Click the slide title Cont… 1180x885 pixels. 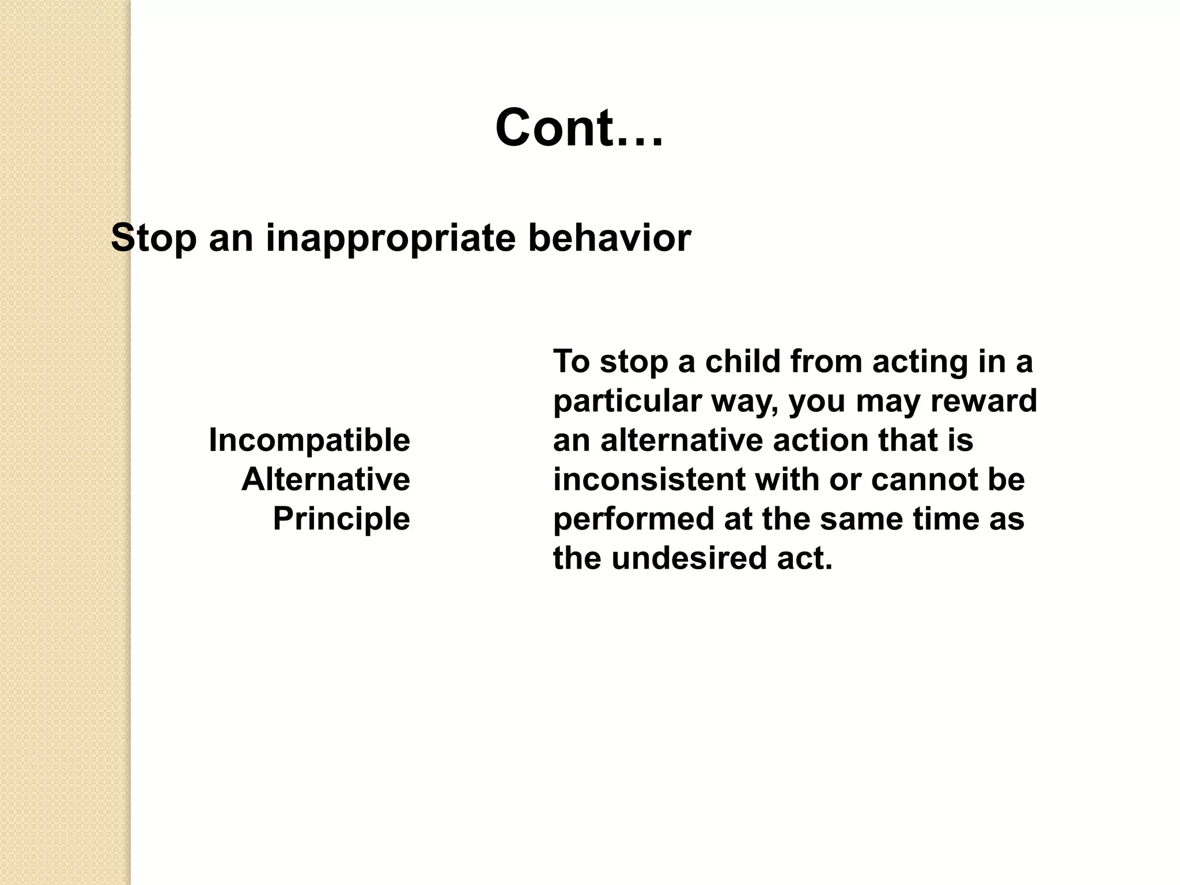(x=579, y=128)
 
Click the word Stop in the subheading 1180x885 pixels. (x=153, y=238)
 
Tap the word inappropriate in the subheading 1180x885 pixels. (x=390, y=238)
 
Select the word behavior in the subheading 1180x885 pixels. (x=609, y=238)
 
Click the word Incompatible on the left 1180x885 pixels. (x=309, y=440)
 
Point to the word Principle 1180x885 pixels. (x=341, y=519)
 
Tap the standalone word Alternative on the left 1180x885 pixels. (x=326, y=479)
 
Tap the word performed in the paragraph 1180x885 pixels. (x=633, y=519)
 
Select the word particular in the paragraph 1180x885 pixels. (x=627, y=401)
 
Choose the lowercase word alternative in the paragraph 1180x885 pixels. (x=682, y=440)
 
